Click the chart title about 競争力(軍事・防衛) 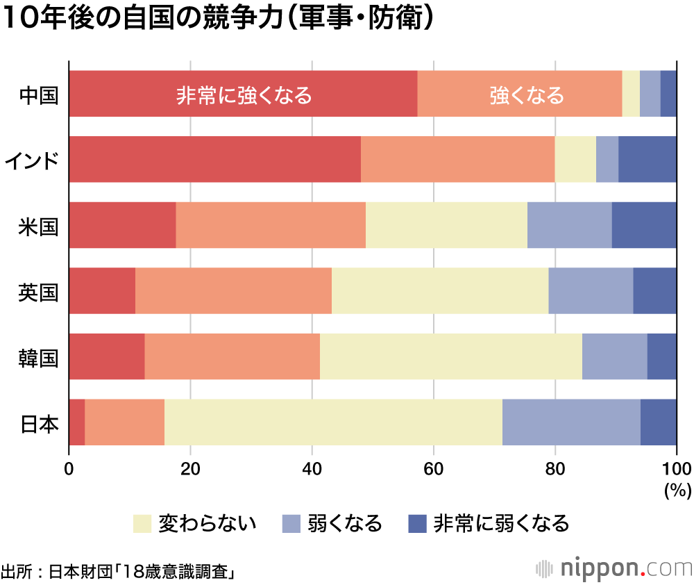point(219,19)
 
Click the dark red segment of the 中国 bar point(243,94)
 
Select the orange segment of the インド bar point(457,159)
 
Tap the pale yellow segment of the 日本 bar point(333,422)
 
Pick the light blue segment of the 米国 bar point(569,225)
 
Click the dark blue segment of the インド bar point(647,159)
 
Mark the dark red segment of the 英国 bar point(102,290)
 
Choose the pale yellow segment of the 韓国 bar point(450,356)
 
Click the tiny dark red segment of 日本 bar point(76,422)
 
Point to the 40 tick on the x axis point(312,468)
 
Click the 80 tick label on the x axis point(555,468)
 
